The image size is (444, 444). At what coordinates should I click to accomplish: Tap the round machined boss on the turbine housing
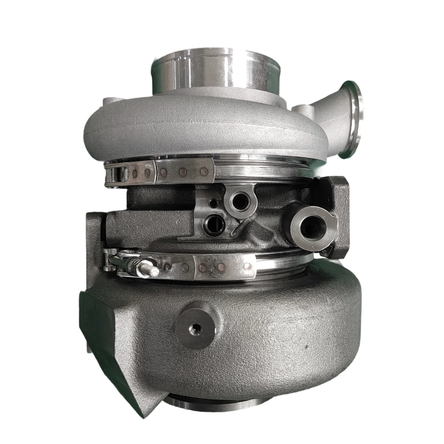pos(196,328)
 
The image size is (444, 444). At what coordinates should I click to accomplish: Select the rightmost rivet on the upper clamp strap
pos(204,172)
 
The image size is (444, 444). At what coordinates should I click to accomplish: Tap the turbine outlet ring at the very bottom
pos(203,403)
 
